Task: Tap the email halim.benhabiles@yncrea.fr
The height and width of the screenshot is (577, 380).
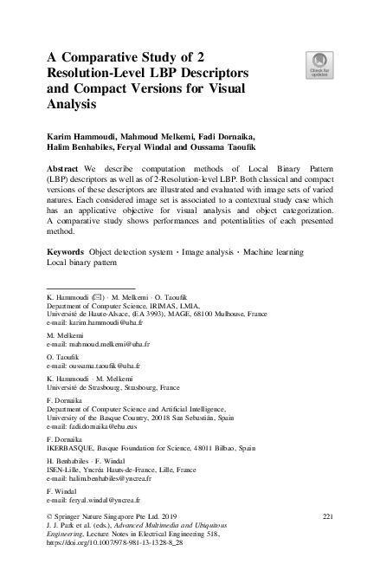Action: (x=99, y=477)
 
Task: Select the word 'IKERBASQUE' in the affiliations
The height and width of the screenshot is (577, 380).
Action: (x=70, y=449)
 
